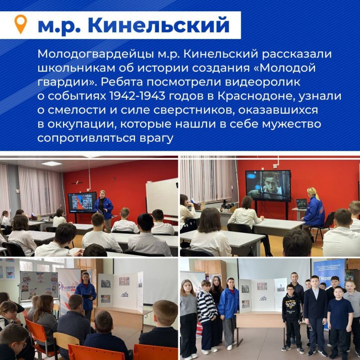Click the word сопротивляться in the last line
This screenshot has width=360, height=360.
pyautogui.click(x=85, y=137)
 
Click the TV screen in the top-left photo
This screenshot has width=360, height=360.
pyautogui.click(x=81, y=202)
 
